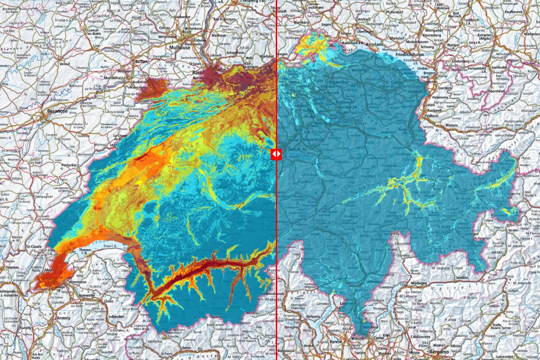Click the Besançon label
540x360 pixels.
(57, 111)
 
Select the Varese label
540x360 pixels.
(337, 342)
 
